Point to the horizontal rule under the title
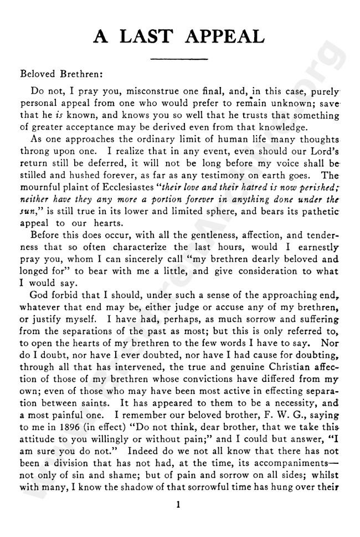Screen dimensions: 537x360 point(179,58)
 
